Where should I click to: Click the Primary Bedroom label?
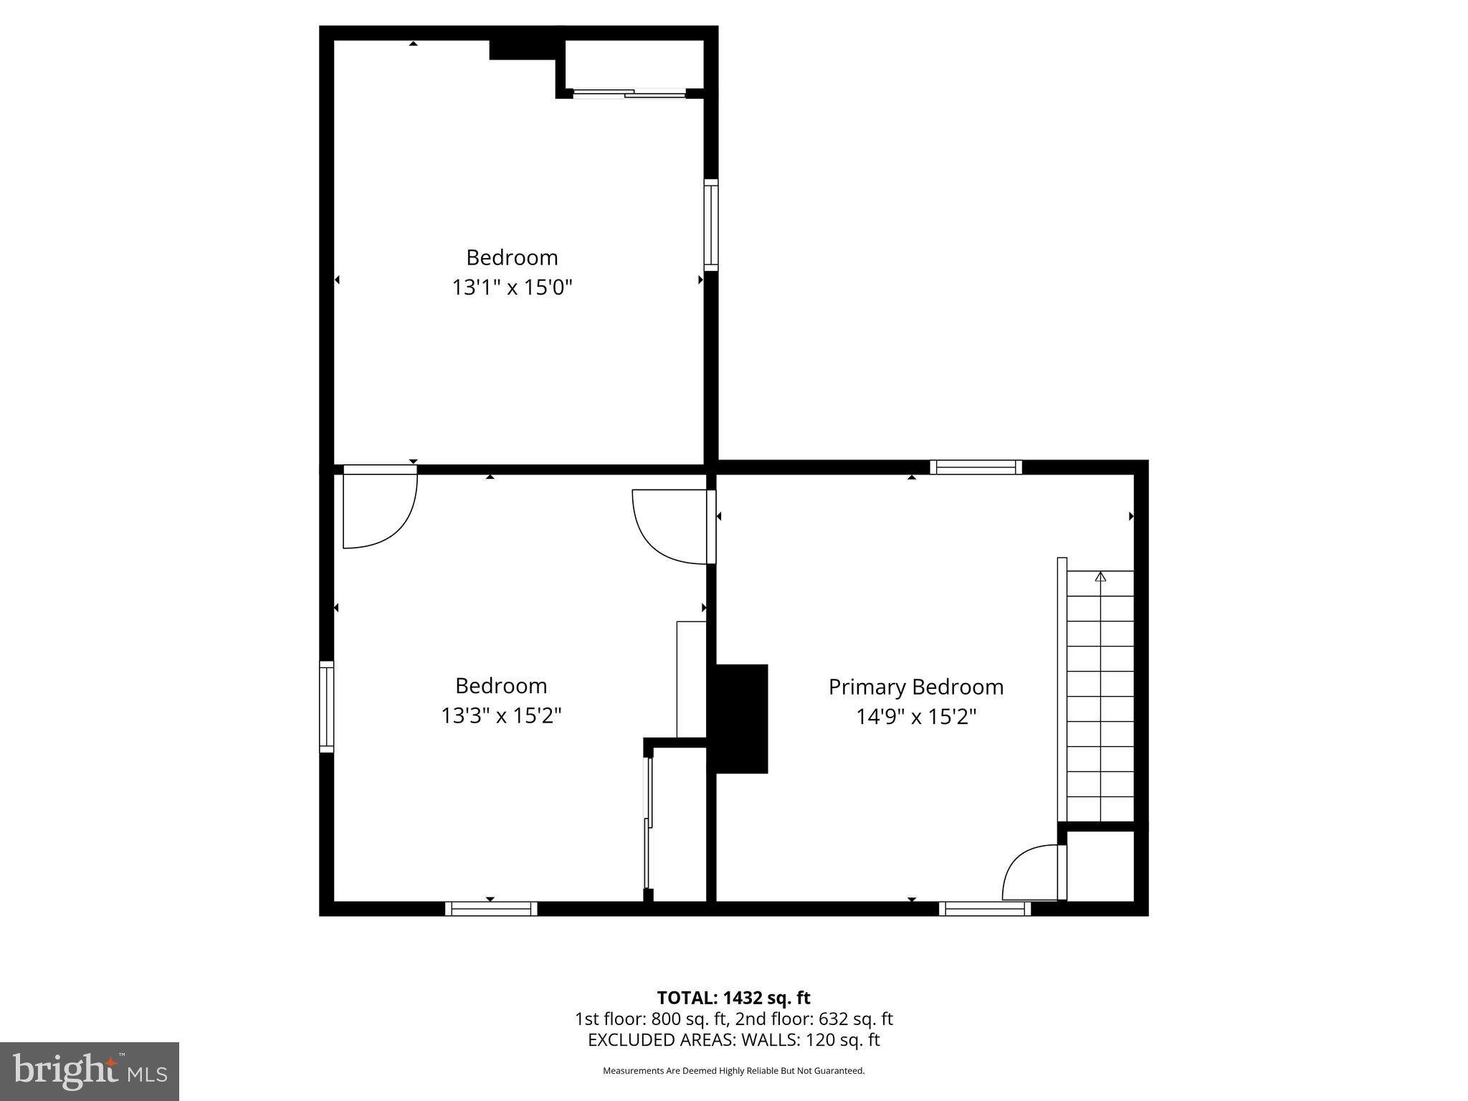point(915,687)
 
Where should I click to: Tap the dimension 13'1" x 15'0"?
point(512,287)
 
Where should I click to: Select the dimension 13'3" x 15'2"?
point(501,715)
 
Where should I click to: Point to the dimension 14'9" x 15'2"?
point(915,716)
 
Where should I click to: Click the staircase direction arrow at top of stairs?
point(1100,576)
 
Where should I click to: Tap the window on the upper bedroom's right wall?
point(710,224)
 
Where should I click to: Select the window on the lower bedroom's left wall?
point(326,706)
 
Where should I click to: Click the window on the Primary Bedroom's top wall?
point(976,467)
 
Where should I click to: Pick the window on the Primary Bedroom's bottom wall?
point(984,909)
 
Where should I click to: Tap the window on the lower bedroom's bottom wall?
point(491,909)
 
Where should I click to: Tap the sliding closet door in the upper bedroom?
point(629,93)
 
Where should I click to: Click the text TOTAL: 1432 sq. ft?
point(733,998)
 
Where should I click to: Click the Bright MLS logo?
point(89,1071)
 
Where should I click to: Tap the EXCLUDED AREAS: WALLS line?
point(733,1039)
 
